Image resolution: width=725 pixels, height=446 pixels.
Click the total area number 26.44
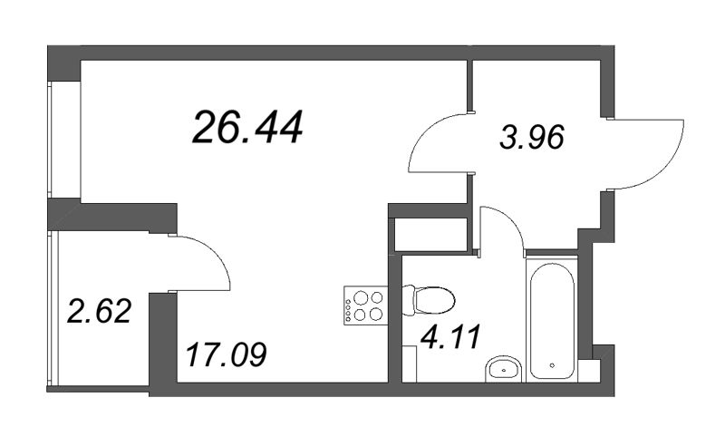[247, 128]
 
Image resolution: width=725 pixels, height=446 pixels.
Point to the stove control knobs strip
[349, 305]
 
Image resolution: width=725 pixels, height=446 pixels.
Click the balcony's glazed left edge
[53, 309]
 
